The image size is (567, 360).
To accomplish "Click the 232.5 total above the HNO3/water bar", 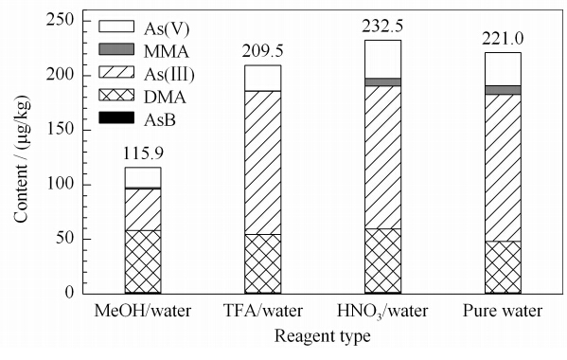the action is click(x=382, y=27).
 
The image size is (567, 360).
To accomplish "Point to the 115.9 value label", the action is click(x=143, y=153).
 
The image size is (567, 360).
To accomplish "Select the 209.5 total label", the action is click(x=262, y=51).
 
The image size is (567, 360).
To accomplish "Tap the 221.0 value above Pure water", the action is click(x=503, y=39).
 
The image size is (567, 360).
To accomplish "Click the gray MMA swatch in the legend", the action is click(x=116, y=49).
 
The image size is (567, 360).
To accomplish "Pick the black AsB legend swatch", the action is click(x=116, y=117).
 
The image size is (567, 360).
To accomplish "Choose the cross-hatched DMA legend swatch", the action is click(x=116, y=95).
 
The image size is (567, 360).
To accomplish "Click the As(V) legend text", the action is click(x=167, y=29).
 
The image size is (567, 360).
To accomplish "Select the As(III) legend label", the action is click(x=169, y=75).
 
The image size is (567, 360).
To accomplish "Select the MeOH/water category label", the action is click(x=143, y=311).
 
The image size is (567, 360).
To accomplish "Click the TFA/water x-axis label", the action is click(x=263, y=311).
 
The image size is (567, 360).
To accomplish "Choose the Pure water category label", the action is click(x=503, y=311).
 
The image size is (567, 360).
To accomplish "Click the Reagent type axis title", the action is click(x=323, y=336).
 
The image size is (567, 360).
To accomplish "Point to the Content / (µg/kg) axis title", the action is click(x=22, y=159).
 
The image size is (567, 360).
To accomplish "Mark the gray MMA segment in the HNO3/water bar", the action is click(x=382, y=81).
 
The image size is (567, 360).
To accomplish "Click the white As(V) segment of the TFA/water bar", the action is click(x=262, y=78).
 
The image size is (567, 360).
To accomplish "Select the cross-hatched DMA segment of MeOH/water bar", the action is click(x=143, y=261).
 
